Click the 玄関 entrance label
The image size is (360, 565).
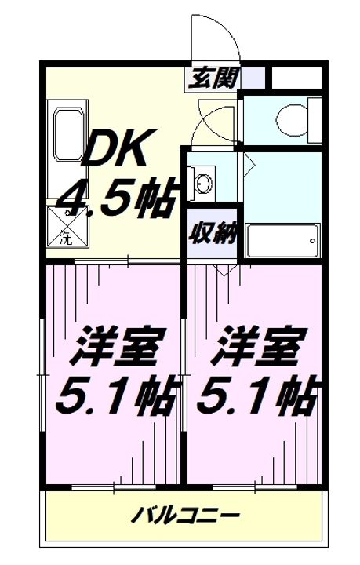click(212, 78)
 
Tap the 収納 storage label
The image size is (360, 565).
click(213, 233)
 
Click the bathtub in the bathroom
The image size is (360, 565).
click(282, 239)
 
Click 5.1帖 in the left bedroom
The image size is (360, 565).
click(115, 396)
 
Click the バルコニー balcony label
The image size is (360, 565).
click(184, 517)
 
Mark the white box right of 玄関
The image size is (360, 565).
click(296, 78)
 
